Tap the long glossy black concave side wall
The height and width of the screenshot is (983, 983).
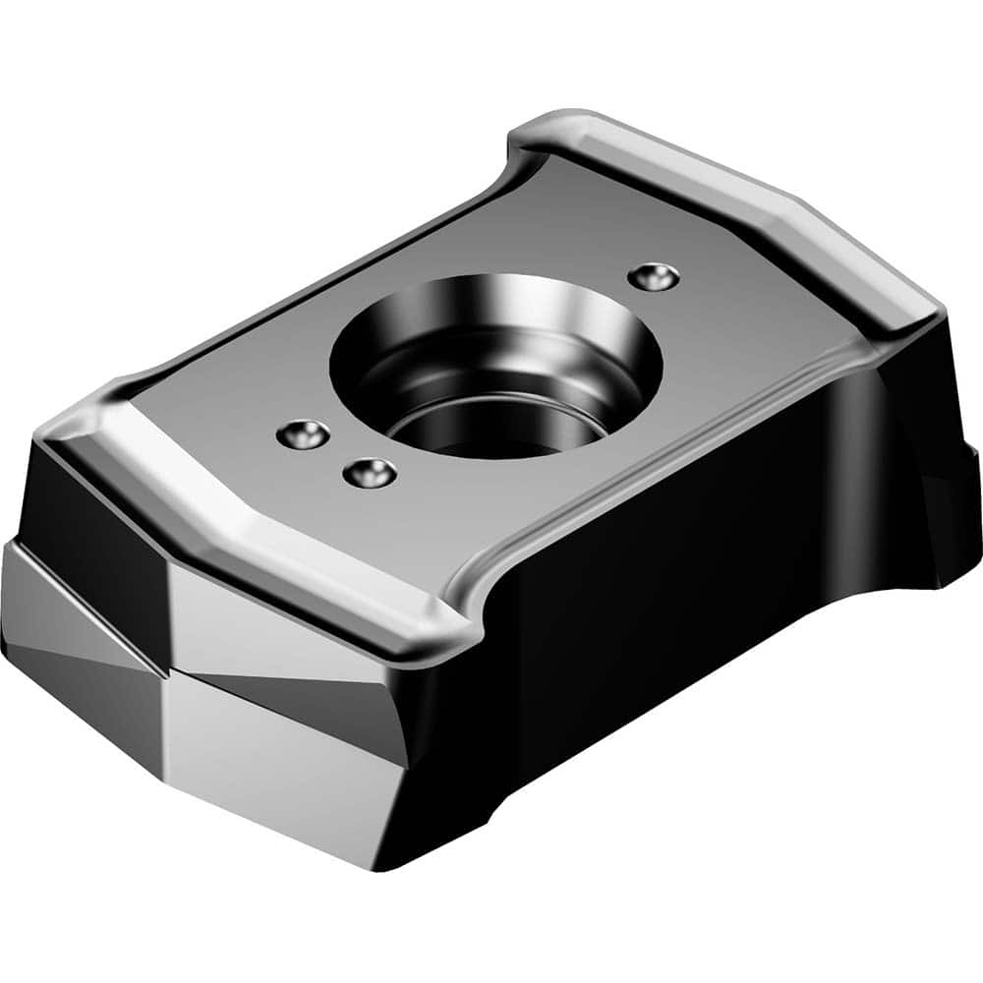tap(688, 590)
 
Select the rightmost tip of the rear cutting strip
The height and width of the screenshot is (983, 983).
tap(939, 315)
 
